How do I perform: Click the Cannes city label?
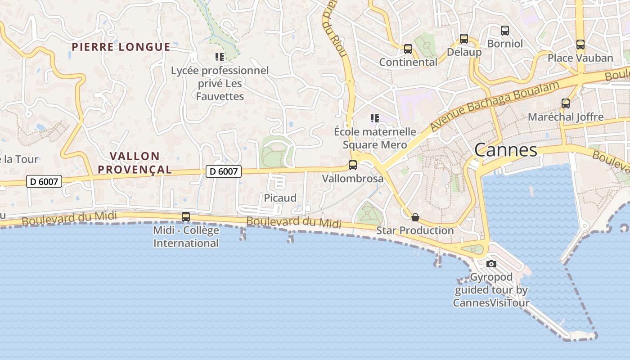505,150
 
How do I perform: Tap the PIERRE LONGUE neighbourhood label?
121,47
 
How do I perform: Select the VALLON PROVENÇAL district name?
135,163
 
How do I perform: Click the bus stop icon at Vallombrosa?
353,165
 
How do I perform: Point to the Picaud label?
280,198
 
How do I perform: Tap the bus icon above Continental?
408,49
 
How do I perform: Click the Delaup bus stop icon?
463,39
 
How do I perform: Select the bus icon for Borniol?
505,31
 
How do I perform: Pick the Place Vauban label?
580,58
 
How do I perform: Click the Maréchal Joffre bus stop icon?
566,103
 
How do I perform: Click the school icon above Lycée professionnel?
220,57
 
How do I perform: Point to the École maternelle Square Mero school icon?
374,118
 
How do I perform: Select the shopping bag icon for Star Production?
415,217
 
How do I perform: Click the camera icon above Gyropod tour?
491,264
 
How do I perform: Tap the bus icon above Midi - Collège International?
185,217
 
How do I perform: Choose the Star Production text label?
415,230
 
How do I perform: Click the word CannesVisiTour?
491,302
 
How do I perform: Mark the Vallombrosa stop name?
353,179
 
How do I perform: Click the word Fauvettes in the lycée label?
220,96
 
